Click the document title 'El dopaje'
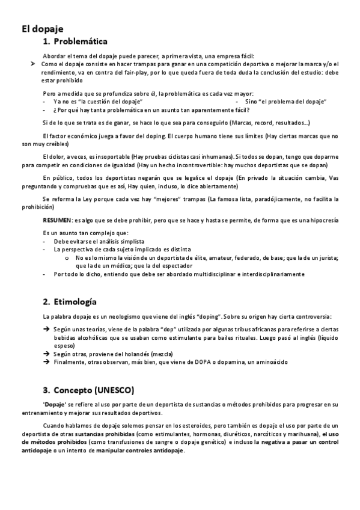(42, 28)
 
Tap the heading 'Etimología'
(76, 301)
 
